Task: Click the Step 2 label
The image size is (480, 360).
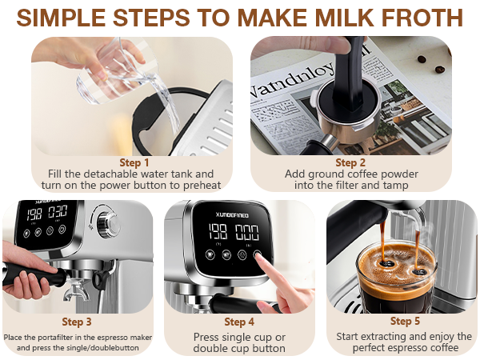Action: point(351,162)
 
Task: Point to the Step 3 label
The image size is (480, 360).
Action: point(78,322)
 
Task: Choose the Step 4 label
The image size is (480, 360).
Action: point(239,322)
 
